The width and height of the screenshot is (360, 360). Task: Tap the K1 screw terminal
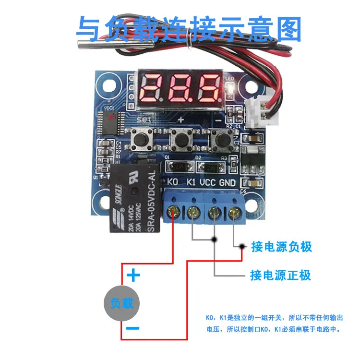(x=193, y=211)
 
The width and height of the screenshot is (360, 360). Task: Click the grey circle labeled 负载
(x=121, y=303)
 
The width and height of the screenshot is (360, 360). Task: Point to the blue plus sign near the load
(x=133, y=276)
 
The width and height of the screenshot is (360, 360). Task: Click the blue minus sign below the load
(x=133, y=329)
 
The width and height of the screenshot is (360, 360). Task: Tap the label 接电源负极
(x=281, y=247)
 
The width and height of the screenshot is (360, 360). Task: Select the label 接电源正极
(x=280, y=275)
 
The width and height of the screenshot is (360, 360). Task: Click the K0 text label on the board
(x=173, y=182)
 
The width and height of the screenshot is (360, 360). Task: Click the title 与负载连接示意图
(x=189, y=29)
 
